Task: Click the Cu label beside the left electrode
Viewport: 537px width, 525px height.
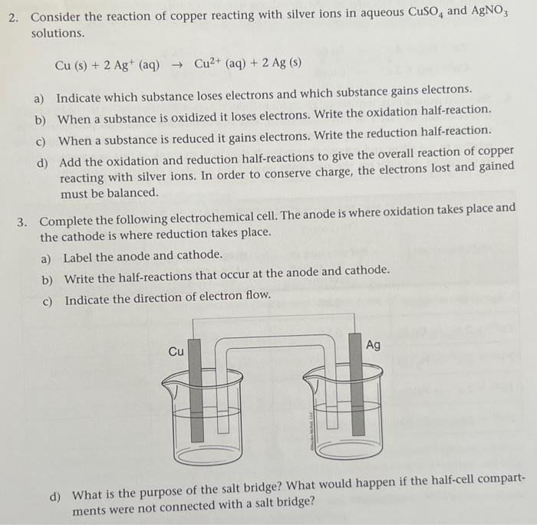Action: tap(176, 352)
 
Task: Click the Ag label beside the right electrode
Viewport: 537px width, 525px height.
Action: tap(373, 345)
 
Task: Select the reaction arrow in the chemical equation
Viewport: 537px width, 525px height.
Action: tap(177, 65)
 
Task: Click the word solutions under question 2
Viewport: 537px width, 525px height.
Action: tap(58, 34)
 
